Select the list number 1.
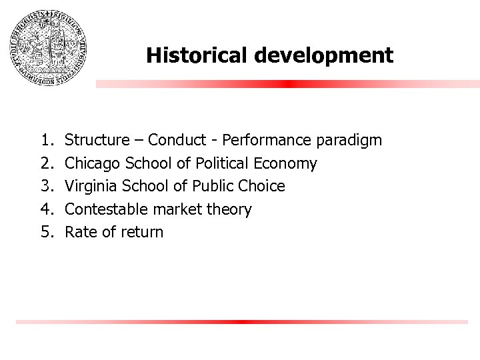[46, 140]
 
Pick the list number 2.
[46, 163]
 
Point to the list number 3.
[46, 186]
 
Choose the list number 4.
[46, 209]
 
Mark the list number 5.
[46, 232]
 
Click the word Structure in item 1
[97, 140]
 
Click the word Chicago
[93, 163]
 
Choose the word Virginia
[92, 186]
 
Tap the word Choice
[263, 186]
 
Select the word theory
[231, 210]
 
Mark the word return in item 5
[141, 233]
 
